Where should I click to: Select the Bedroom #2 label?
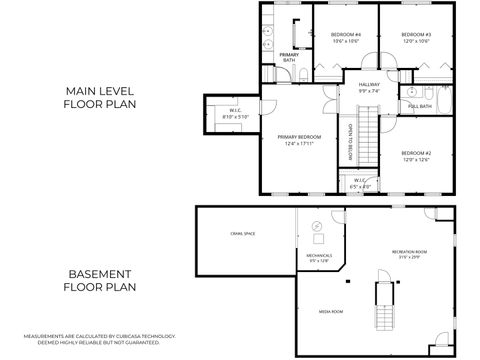coord(414,156)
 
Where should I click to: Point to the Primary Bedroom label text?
coord(299,137)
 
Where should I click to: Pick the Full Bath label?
coord(420,106)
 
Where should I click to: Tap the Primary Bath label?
coord(288,58)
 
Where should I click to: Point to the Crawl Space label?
coord(243,234)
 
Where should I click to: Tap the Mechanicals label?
coord(319,257)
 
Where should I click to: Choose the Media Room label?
coord(332,311)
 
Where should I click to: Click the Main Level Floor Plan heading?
coord(101,96)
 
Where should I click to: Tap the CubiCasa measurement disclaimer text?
coord(99,339)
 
